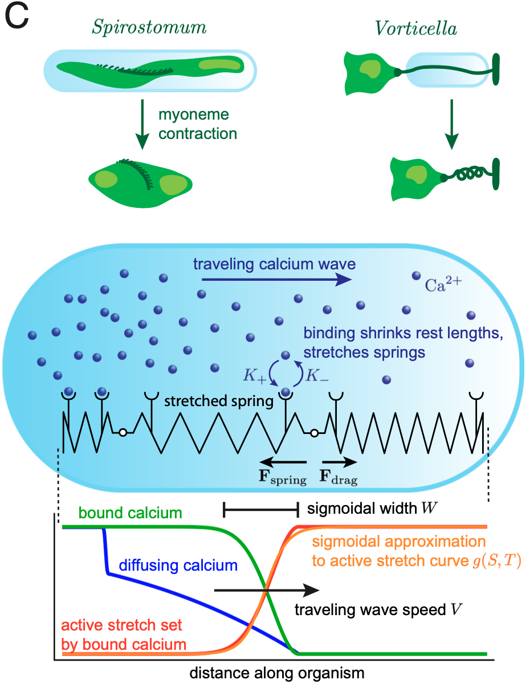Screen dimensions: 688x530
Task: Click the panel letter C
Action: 17,19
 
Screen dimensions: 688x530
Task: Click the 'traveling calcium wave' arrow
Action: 276,279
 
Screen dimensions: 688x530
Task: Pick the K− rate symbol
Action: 317,375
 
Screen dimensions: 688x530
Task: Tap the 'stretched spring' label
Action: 219,401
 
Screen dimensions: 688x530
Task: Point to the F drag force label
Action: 340,478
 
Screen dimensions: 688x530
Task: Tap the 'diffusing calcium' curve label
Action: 178,566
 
